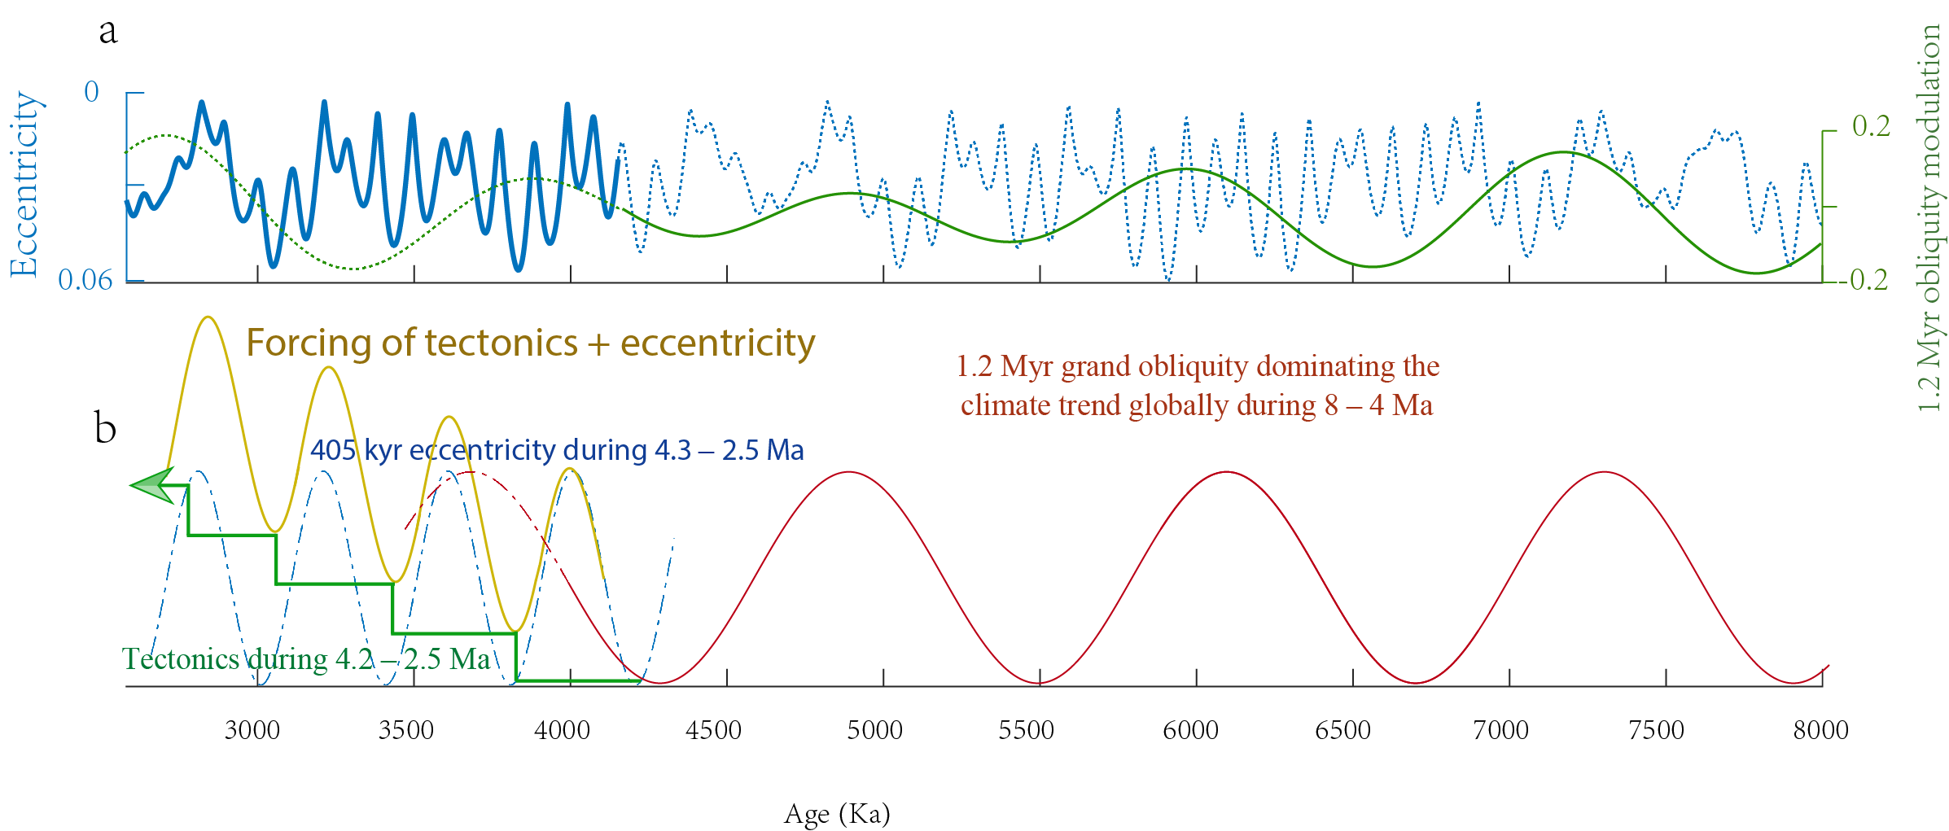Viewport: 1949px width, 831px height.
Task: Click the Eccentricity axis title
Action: point(24,185)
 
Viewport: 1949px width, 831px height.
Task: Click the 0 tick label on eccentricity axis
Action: point(91,92)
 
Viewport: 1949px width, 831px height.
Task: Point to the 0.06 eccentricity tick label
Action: point(85,280)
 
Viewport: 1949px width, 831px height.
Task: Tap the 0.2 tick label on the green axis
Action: point(1871,126)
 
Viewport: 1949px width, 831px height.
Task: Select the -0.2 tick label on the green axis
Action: point(1868,280)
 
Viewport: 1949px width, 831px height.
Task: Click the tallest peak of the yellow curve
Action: point(209,317)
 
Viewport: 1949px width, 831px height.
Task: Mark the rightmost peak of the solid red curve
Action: point(1605,472)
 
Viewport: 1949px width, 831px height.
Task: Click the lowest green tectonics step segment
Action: point(578,680)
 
